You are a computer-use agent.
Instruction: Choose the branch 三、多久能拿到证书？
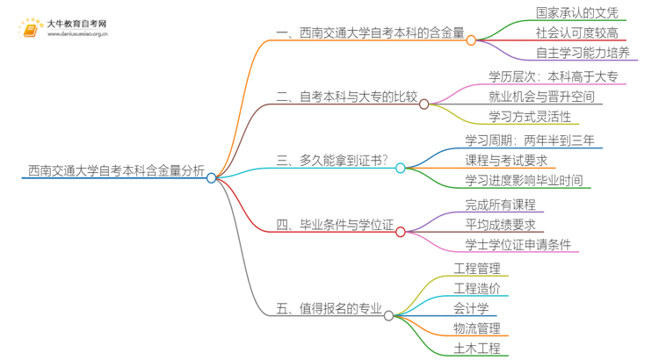[334, 161]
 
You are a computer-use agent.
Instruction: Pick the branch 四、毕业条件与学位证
[334, 226]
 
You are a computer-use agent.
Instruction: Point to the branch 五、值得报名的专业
[329, 308]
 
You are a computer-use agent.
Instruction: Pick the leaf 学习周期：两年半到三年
[529, 140]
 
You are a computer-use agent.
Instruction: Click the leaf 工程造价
[477, 288]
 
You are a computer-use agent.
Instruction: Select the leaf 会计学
[472, 308]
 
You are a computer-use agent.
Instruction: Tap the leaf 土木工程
[477, 349]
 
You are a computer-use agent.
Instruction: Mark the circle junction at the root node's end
[212, 177]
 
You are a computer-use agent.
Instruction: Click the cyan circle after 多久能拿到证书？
[400, 168]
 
